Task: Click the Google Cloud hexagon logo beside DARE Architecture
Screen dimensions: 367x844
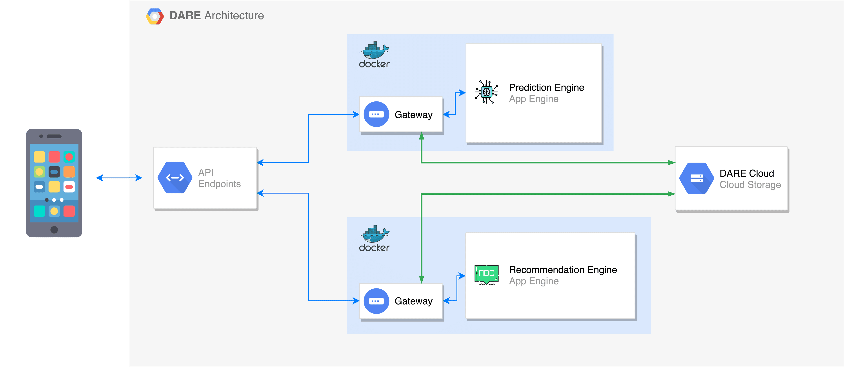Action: coord(155,17)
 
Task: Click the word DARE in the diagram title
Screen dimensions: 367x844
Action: coord(185,15)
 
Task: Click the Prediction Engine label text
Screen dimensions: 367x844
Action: coord(546,88)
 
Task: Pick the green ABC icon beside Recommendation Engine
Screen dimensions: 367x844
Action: coord(487,274)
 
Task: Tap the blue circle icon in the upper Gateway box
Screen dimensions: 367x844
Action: coord(376,114)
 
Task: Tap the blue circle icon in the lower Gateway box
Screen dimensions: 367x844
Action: coord(376,301)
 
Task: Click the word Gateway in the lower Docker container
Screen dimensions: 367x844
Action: coord(413,301)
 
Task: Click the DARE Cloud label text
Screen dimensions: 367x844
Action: coord(746,173)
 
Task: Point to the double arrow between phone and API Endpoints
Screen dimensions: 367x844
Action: coord(119,178)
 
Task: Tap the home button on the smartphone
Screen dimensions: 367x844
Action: coord(54,229)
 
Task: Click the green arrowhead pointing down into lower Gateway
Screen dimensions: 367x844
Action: coord(421,279)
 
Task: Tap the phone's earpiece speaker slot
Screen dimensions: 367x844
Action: coord(54,136)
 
